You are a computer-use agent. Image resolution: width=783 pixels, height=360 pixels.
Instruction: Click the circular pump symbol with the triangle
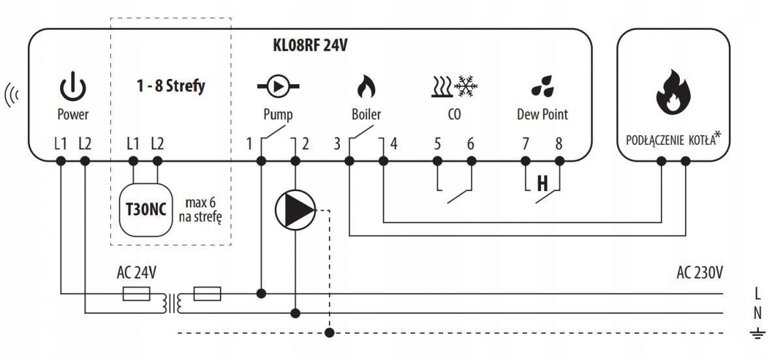[x=296, y=210]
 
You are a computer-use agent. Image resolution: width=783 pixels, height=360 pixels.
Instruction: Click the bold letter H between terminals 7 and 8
[x=542, y=184]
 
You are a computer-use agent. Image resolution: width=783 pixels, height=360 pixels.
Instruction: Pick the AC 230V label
[x=699, y=273]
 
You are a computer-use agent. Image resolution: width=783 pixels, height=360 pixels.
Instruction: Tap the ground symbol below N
[x=757, y=334]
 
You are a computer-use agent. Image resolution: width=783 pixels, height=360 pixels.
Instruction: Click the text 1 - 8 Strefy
[x=171, y=87]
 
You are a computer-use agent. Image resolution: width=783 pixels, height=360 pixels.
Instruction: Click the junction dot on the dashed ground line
[x=330, y=333]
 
